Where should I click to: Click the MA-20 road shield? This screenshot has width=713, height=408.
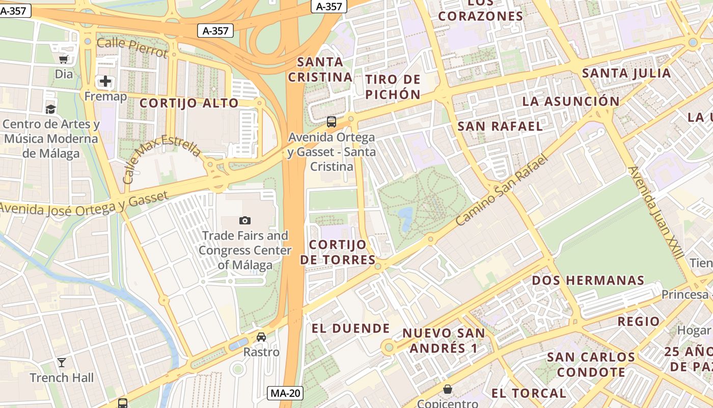[285, 393]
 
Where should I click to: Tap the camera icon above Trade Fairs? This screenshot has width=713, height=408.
[245, 220]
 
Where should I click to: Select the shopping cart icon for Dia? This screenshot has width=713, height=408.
[64, 59]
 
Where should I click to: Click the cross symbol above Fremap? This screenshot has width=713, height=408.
[105, 81]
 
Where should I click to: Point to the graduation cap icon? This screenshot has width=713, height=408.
[50, 109]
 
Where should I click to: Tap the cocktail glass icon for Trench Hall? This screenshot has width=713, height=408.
[62, 363]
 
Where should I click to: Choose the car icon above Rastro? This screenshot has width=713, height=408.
[261, 337]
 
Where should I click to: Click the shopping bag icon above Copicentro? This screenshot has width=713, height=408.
[448, 389]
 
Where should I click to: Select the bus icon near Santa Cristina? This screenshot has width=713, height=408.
[332, 122]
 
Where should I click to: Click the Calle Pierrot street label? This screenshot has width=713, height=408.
[132, 47]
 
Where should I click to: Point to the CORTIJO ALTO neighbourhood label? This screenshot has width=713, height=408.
[189, 103]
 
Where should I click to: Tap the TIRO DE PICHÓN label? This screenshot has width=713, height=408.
[393, 87]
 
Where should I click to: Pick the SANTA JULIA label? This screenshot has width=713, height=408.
[626, 73]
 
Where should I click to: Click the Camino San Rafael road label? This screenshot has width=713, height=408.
[502, 190]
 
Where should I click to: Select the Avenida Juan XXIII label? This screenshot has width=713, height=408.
[655, 212]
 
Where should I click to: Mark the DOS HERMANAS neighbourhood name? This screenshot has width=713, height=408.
[588, 280]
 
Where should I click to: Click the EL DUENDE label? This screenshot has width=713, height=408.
[350, 328]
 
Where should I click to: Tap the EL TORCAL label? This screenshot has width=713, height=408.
[529, 393]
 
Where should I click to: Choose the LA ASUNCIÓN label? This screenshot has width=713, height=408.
[571, 101]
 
